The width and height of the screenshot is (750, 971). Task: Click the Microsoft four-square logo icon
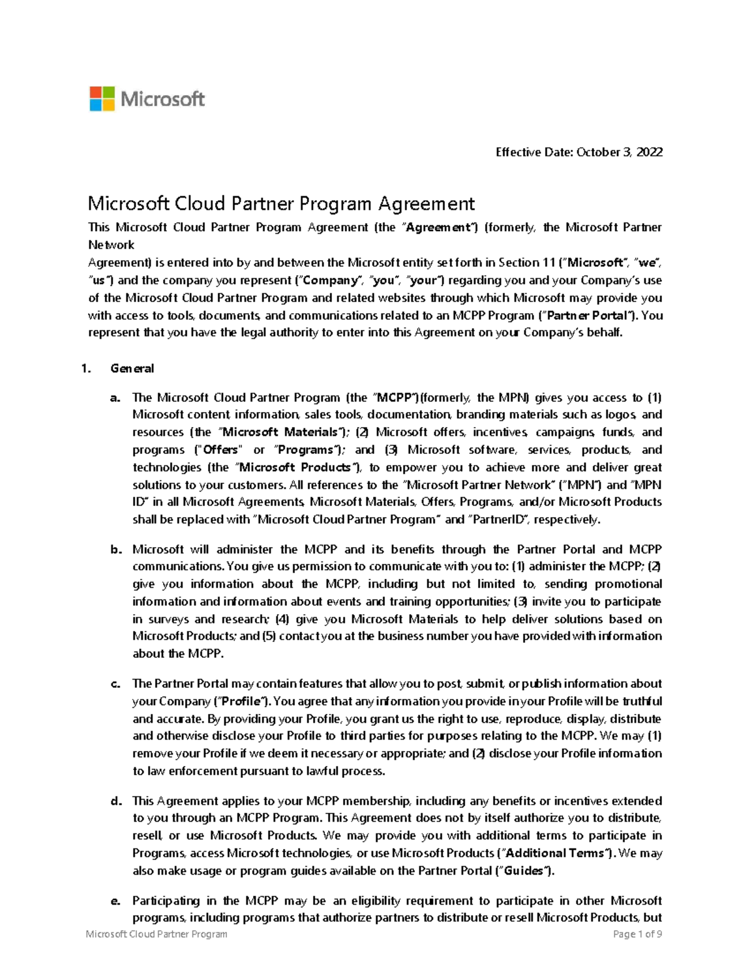tap(102, 99)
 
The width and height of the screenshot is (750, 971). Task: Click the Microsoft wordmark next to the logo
tap(162, 99)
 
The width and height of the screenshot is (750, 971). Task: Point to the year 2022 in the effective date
tap(649, 152)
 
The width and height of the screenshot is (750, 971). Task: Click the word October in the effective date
tap(596, 152)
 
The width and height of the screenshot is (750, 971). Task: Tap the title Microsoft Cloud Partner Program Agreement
tap(281, 203)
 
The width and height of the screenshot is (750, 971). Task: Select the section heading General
tap(132, 368)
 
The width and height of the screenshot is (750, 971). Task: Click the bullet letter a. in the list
tap(115, 398)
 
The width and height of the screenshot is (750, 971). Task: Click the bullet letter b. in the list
tap(115, 550)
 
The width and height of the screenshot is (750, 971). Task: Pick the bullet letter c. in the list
tap(115, 684)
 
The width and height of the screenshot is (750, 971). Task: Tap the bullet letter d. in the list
tap(115, 801)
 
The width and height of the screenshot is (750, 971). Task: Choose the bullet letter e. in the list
tap(115, 901)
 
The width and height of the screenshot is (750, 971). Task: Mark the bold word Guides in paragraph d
tap(524, 871)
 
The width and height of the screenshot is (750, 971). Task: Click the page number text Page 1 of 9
tap(637, 934)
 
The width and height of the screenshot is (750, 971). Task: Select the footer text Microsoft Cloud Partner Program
tap(156, 934)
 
